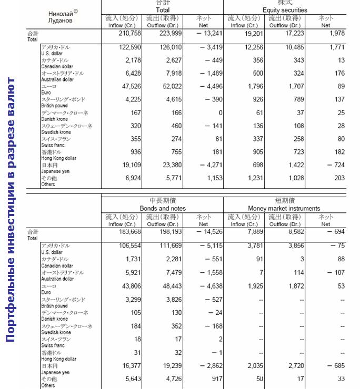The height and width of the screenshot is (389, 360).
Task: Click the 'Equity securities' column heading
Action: (x=285, y=10)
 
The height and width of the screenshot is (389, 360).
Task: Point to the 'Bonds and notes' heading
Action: (x=162, y=208)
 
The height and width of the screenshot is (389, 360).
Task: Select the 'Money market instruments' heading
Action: (x=284, y=208)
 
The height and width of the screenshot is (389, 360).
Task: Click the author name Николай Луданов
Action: (x=60, y=17)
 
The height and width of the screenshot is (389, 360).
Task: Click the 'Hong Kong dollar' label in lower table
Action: (x=58, y=359)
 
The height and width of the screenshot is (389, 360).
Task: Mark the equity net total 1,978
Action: (x=335, y=34)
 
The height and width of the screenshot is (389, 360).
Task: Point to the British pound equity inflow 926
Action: (x=251, y=100)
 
